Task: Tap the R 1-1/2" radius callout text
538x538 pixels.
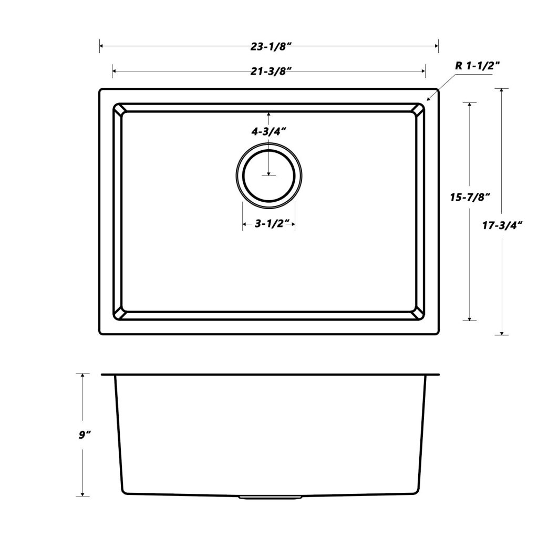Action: pos(477,66)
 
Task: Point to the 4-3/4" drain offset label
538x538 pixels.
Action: pos(268,132)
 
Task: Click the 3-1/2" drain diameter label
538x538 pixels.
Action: pos(268,224)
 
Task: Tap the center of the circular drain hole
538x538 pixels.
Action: pos(268,175)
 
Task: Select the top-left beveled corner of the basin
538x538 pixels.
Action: pos(118,109)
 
